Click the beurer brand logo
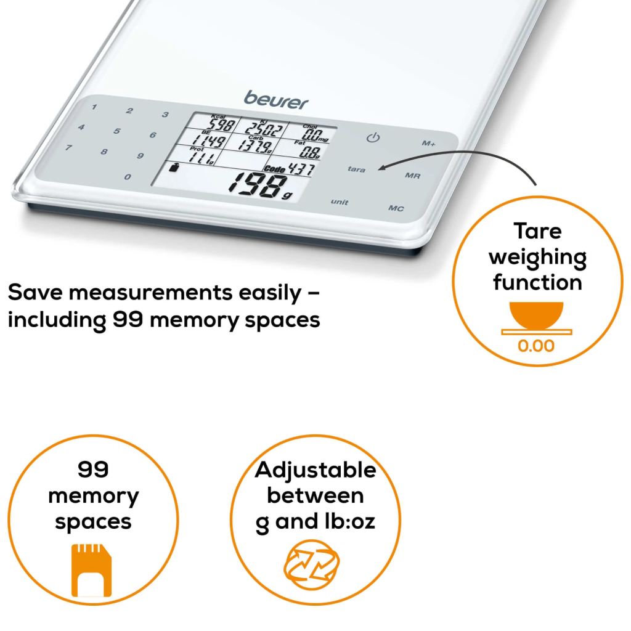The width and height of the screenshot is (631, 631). [276, 100]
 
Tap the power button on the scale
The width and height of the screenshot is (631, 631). [373, 138]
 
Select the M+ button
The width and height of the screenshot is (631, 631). [429, 143]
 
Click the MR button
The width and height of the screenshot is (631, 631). [412, 176]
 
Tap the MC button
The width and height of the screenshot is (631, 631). [396, 208]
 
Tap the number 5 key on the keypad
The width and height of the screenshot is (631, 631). [116, 131]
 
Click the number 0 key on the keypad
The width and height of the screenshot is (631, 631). [128, 177]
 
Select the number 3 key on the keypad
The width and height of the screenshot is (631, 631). [165, 115]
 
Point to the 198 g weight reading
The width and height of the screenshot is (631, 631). [260, 185]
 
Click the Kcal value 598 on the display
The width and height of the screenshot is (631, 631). [221, 124]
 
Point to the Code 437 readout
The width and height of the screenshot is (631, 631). [288, 169]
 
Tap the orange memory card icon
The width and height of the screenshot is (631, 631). [91, 570]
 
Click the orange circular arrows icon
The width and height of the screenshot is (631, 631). [312, 564]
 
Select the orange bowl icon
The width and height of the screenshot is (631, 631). [537, 315]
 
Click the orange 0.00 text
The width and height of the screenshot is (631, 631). [536, 346]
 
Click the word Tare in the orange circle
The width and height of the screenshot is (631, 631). [537, 232]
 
